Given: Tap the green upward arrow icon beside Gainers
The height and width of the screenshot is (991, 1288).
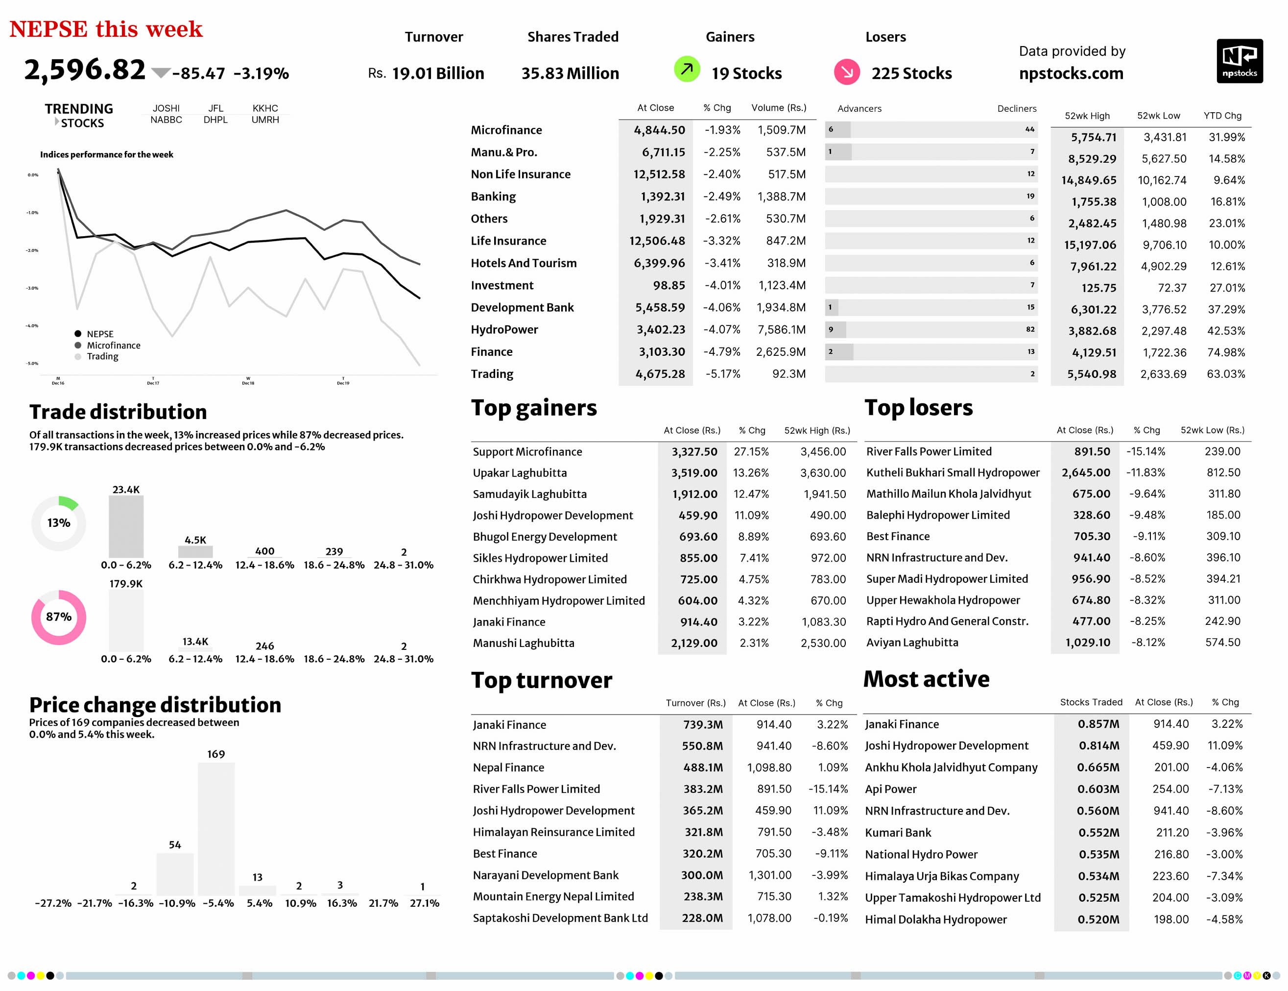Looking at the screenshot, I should pyautogui.click(x=687, y=70).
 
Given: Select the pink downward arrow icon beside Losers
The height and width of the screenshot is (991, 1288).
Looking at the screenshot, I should pyautogui.click(x=846, y=72).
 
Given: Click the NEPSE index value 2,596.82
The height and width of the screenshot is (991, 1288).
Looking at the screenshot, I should pyautogui.click(x=84, y=70).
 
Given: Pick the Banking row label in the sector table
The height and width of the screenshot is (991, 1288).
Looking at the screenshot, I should pyautogui.click(x=493, y=197).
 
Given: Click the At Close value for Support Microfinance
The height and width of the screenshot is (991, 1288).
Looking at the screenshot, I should pyautogui.click(x=694, y=452).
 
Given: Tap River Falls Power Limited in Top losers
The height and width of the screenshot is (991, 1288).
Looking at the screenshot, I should pyautogui.click(x=929, y=452).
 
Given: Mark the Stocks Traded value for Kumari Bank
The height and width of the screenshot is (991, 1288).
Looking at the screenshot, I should pyautogui.click(x=1098, y=833).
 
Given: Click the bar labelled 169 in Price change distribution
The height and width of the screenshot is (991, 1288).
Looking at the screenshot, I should pyautogui.click(x=216, y=829).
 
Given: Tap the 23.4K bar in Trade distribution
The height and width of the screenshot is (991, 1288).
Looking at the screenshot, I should pyautogui.click(x=126, y=526).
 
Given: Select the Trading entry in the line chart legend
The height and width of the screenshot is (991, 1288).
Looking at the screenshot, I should pyautogui.click(x=102, y=356).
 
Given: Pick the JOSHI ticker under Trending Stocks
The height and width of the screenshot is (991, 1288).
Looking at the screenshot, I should pyautogui.click(x=166, y=108).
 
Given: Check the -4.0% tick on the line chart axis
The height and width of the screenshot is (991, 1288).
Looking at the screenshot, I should pyautogui.click(x=32, y=325).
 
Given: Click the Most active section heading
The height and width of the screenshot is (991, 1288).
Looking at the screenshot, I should pyautogui.click(x=926, y=679).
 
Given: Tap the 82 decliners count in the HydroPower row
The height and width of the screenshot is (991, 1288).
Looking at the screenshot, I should pyautogui.click(x=1029, y=329).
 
